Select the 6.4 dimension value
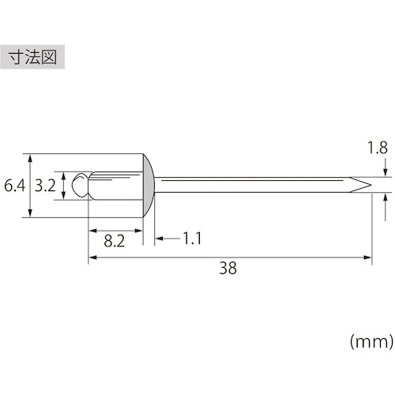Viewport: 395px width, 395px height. tap(13, 187)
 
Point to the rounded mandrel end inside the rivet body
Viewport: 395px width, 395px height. tap(80, 186)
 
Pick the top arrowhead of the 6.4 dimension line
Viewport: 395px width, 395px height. tap(30, 156)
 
